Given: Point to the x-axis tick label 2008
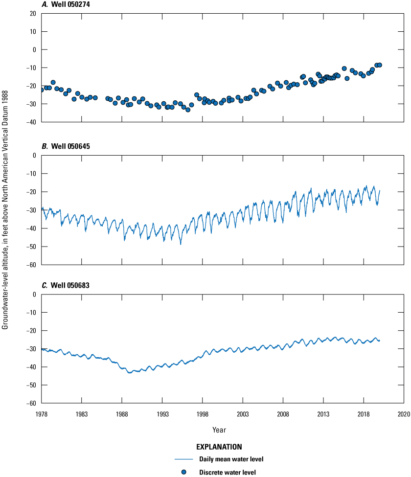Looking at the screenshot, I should pyautogui.click(x=283, y=414).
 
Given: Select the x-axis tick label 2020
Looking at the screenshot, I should pyautogui.click(x=404, y=414).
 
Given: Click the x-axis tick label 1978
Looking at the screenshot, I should pyautogui.click(x=42, y=414).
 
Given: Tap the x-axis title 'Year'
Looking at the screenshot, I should pyautogui.click(x=219, y=430).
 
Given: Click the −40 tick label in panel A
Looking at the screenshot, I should pyautogui.click(x=32, y=122).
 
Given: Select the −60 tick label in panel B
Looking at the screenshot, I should pyautogui.click(x=32, y=265).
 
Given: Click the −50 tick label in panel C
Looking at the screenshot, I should pyautogui.click(x=32, y=386).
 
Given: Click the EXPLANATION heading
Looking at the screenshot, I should pyautogui.click(x=219, y=447).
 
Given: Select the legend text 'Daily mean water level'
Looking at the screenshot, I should pyautogui.click(x=228, y=459).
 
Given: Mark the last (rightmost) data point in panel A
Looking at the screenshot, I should pyautogui.click(x=379, y=65).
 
